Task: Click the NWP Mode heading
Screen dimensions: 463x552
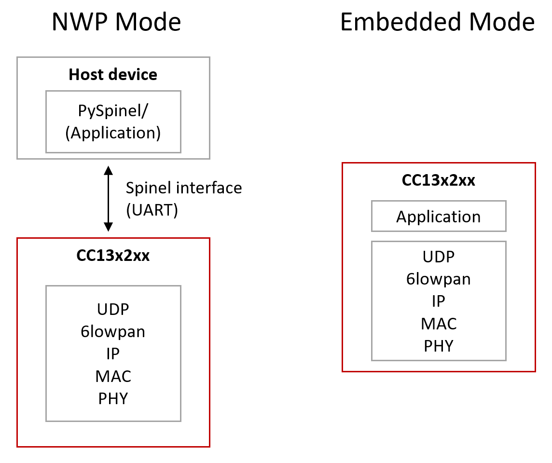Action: [x=116, y=22]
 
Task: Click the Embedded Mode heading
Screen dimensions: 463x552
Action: [x=437, y=22]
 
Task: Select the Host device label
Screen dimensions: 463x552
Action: [x=113, y=75]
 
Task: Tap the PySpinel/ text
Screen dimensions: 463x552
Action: [x=113, y=110]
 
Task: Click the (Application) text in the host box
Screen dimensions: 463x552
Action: [x=113, y=133]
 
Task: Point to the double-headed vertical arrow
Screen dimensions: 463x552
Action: [x=108, y=198]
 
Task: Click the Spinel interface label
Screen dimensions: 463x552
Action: [x=183, y=188]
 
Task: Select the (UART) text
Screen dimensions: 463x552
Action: [x=152, y=210]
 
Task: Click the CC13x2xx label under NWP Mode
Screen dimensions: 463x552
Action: [x=113, y=256]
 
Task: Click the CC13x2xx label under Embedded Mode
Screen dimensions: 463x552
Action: [x=438, y=180]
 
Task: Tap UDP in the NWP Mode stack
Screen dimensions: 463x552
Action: [x=113, y=309]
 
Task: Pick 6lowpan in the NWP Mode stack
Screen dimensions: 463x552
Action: [x=113, y=331]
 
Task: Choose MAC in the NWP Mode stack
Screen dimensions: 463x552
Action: [x=113, y=376]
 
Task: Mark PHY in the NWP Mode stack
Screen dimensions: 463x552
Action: [x=113, y=398]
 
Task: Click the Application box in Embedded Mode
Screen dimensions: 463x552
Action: [x=438, y=217]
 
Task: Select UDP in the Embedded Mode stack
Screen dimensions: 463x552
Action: [x=438, y=257]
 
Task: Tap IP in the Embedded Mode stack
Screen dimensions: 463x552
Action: [x=438, y=301]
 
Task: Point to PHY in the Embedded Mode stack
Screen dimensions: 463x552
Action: [x=438, y=346]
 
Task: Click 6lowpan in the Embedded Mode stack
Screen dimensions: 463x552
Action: [x=438, y=279]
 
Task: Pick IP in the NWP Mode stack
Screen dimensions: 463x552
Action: [x=113, y=354]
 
